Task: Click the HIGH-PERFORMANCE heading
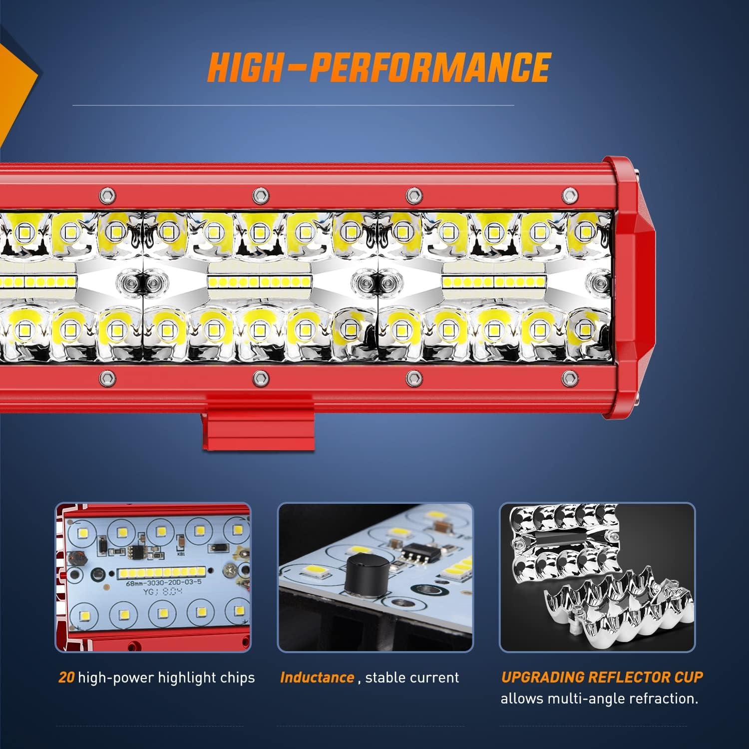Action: [378, 67]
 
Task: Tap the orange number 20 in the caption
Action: [66, 678]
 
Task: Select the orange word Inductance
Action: [317, 678]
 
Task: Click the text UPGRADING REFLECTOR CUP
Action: [602, 677]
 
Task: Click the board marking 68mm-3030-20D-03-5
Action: [158, 582]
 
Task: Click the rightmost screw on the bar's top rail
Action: [567, 193]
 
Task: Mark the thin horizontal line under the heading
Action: [293, 105]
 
